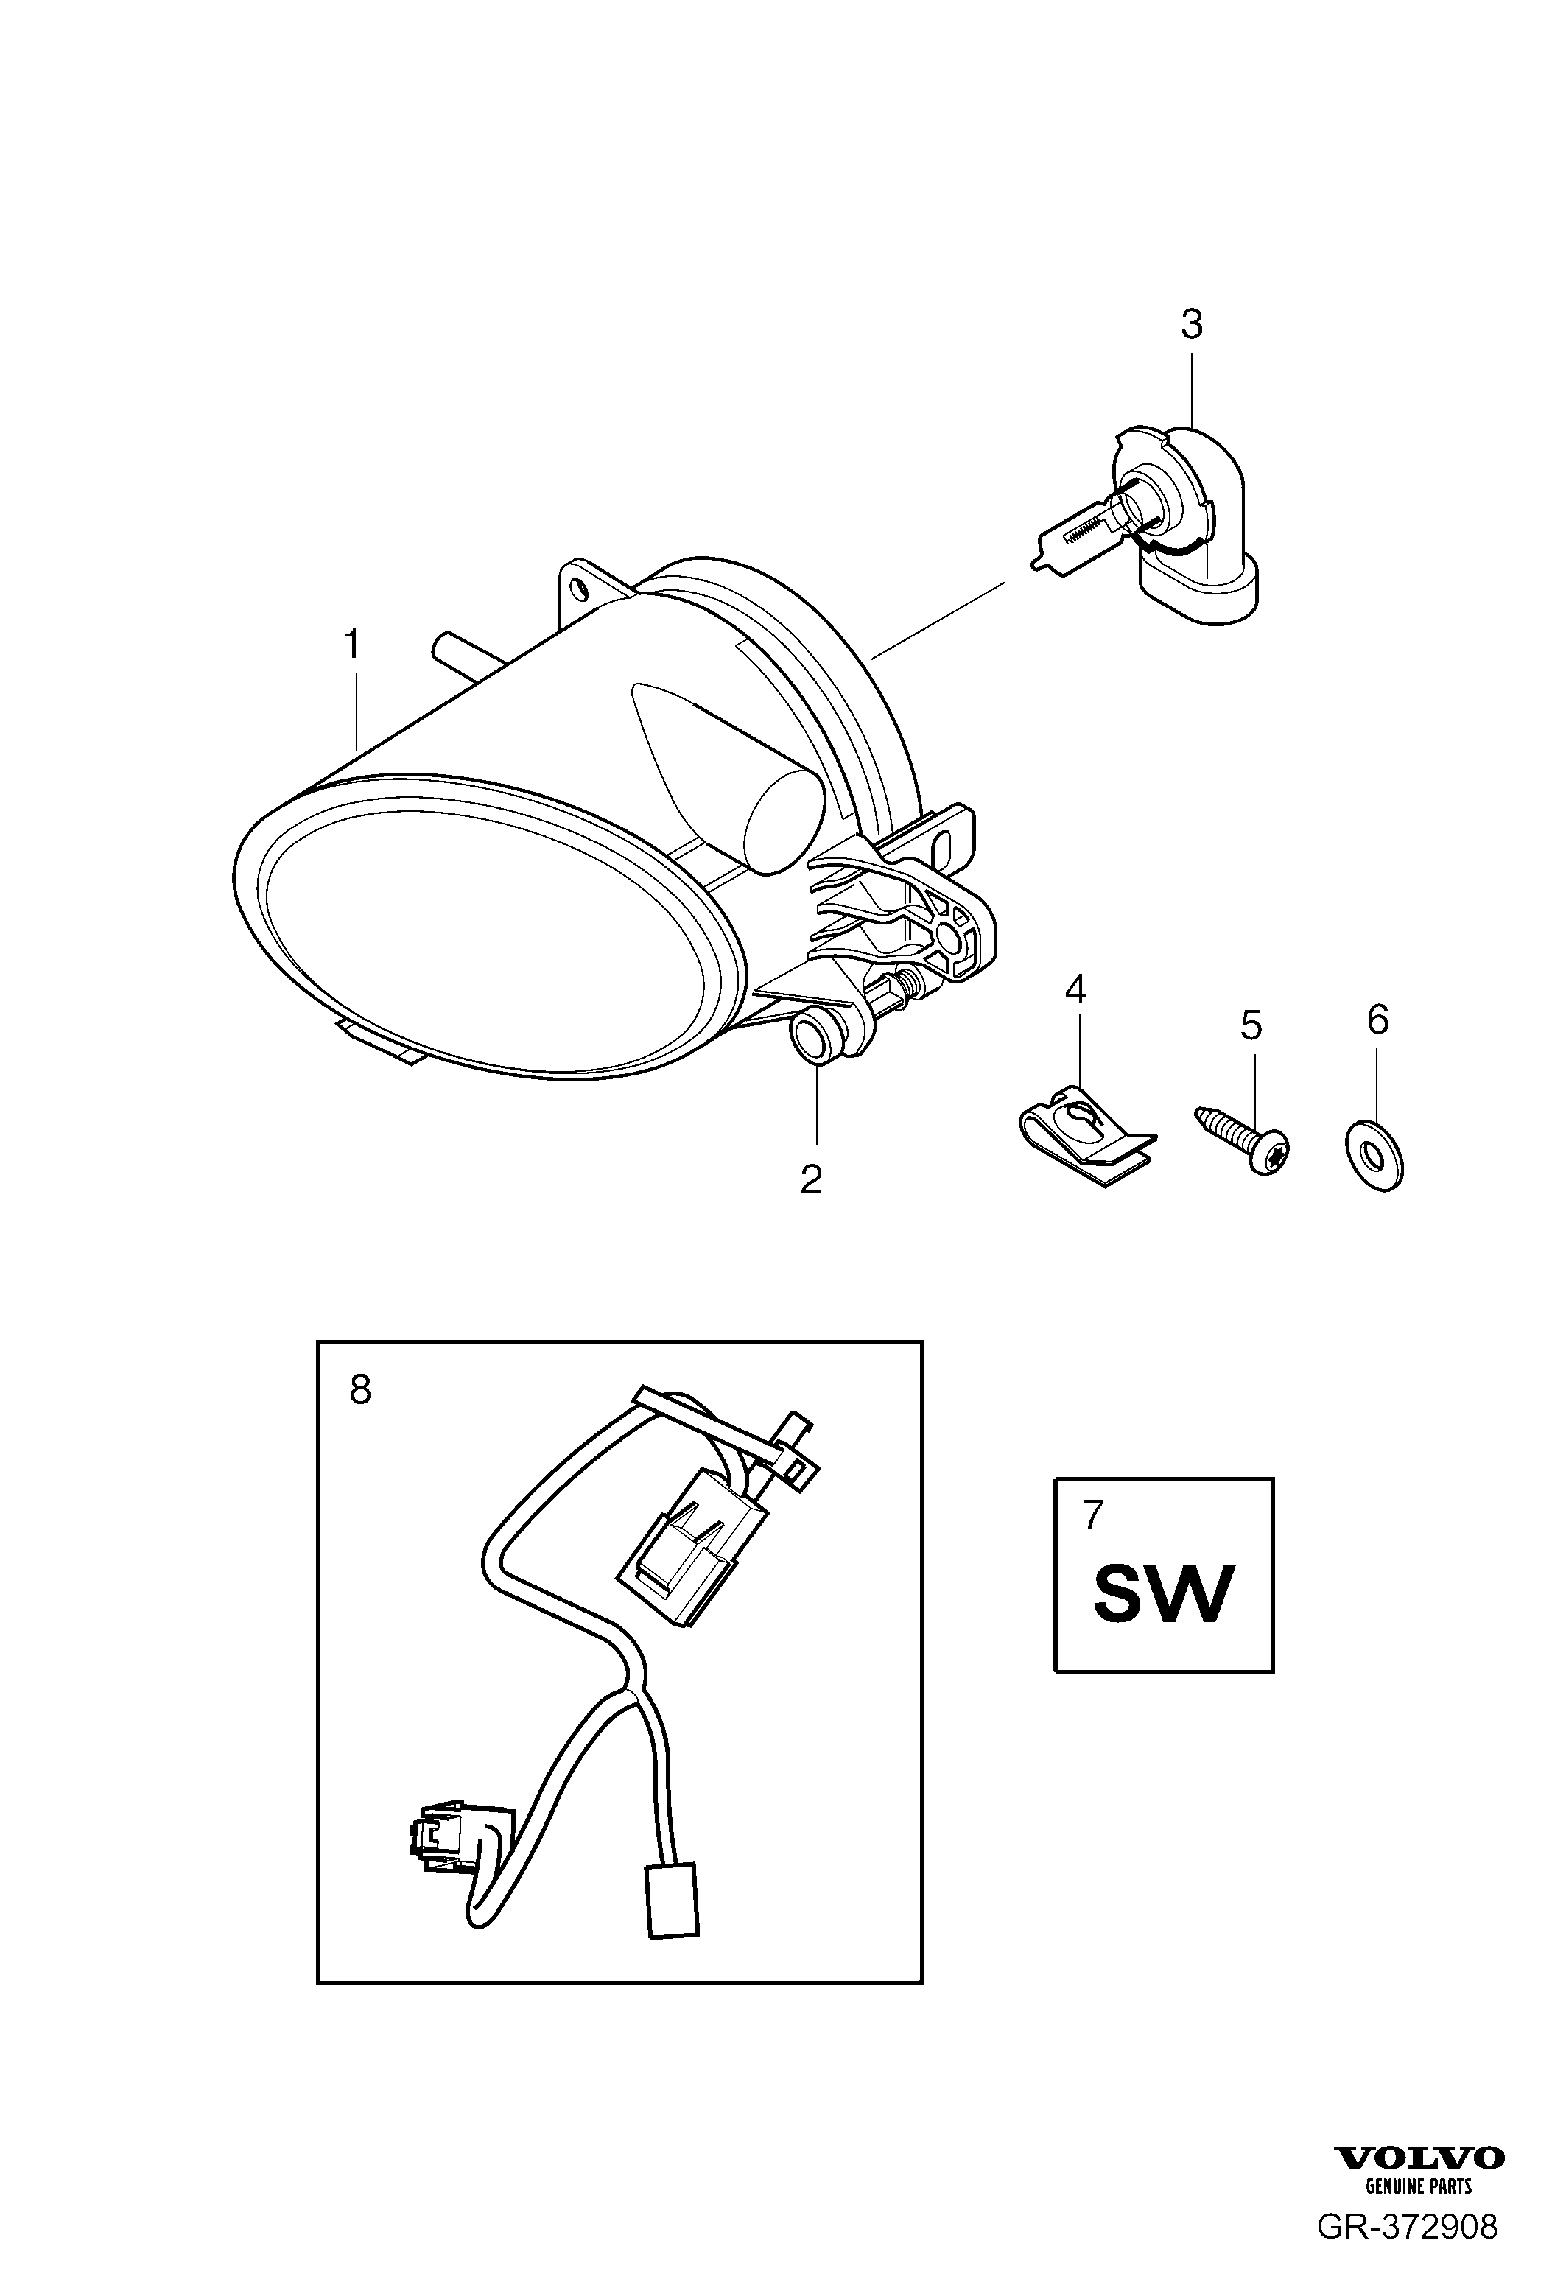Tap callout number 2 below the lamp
(811, 1179)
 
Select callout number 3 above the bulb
(1192, 324)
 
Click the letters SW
(1163, 1595)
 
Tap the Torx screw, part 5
(1242, 1140)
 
